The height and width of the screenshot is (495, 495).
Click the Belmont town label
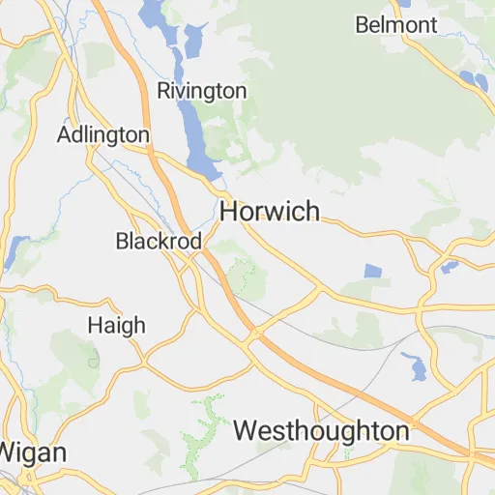pos(396,25)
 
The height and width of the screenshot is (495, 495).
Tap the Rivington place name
pos(202,91)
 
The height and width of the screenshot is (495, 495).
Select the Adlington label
pos(103,134)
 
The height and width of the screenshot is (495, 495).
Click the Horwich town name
pos(270,211)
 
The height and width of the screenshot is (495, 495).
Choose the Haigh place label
pos(116,325)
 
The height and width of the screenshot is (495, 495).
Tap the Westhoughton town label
pos(321,430)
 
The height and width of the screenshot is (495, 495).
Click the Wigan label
pos(34,451)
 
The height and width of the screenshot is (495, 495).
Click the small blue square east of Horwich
pos(373,272)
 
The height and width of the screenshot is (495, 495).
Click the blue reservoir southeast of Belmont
pos(474,80)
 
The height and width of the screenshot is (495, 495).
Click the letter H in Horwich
pos(230,211)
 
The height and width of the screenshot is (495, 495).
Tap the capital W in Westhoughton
pos(246,430)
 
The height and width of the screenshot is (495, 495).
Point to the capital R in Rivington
pos(163,91)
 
